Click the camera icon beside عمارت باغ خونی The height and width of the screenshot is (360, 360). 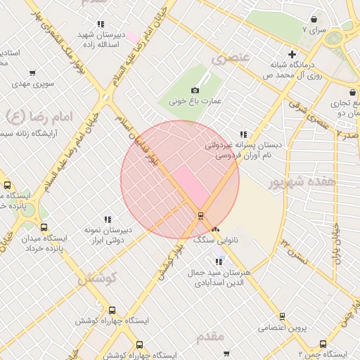(195, 90)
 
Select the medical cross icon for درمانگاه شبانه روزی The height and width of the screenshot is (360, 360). (292, 54)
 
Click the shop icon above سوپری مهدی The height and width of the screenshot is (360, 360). (33, 72)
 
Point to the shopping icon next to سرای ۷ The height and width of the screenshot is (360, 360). (313, 19)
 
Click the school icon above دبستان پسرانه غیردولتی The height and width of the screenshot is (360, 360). (243, 134)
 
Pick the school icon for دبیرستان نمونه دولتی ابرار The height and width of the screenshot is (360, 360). (108, 219)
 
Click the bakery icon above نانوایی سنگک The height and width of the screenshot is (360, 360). (215, 230)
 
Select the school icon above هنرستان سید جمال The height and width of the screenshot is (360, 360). (219, 262)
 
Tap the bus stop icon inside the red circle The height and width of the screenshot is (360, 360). (202, 215)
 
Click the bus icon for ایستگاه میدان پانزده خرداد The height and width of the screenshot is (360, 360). (44, 227)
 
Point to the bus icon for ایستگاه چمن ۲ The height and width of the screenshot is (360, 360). (323, 344)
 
